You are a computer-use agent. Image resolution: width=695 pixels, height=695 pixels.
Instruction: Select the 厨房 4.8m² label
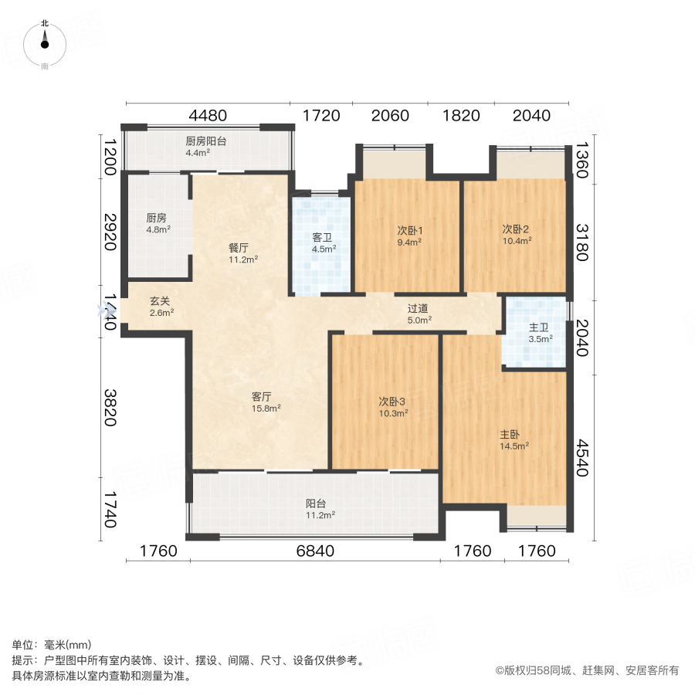point(158,223)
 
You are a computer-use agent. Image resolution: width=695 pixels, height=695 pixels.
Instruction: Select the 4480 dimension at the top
point(208,116)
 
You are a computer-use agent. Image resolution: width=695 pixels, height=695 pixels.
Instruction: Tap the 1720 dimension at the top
point(321,116)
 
